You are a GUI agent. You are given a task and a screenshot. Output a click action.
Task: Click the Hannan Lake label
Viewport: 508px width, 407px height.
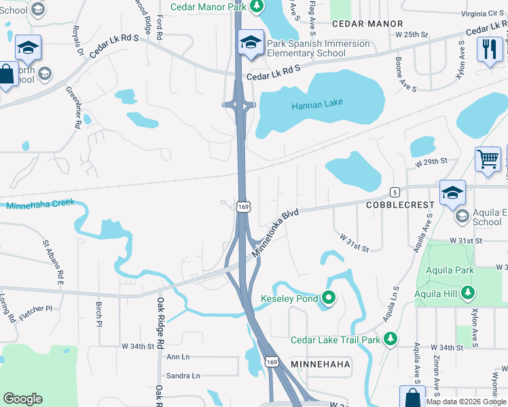[317, 104]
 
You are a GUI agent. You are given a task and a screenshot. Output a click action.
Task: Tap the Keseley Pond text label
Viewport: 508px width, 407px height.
[289, 298]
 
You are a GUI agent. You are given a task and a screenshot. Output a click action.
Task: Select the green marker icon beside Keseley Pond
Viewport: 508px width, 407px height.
[329, 298]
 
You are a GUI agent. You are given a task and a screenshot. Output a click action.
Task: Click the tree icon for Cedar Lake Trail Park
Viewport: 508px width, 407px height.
[390, 338]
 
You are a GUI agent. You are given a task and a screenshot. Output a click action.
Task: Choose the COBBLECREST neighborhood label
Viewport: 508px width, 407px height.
[396, 205]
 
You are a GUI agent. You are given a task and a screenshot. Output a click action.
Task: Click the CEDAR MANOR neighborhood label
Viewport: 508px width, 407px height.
[367, 23]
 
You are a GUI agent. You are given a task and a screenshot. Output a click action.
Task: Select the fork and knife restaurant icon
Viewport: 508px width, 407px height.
[489, 48]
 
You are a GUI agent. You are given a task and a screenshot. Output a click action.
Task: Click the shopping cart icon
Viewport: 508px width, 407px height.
[488, 159]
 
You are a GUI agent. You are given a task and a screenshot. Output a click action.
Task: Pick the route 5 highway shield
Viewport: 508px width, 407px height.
[394, 193]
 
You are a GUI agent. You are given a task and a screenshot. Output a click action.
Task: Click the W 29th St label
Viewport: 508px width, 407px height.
[431, 161]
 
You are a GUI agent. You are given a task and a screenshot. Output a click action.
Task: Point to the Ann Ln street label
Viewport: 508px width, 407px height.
[179, 357]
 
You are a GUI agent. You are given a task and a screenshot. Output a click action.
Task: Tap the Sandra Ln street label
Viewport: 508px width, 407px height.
[183, 376]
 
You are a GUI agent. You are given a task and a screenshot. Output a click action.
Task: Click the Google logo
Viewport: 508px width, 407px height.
[23, 399]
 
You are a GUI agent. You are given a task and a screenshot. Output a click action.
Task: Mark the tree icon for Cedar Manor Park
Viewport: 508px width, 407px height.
[256, 6]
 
